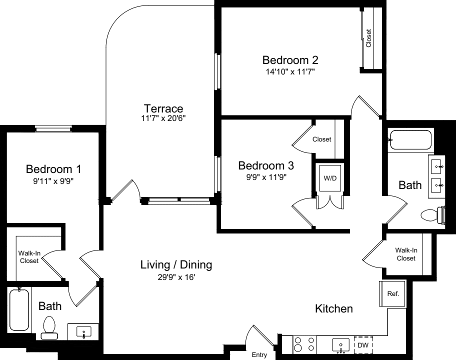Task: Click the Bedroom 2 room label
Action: point(290,60)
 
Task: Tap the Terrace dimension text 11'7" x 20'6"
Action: point(163,119)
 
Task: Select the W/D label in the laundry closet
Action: point(329,177)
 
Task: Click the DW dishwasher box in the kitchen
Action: point(363,344)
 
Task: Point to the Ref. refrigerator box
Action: point(393,294)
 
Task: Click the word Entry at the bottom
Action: point(259,355)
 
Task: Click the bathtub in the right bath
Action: point(410,140)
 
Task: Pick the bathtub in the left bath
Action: point(19,310)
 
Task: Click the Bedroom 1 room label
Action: point(53,168)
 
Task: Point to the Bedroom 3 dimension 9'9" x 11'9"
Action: point(266,176)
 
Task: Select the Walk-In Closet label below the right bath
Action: point(405,254)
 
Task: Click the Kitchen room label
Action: point(333,309)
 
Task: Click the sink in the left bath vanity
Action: point(83,331)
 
